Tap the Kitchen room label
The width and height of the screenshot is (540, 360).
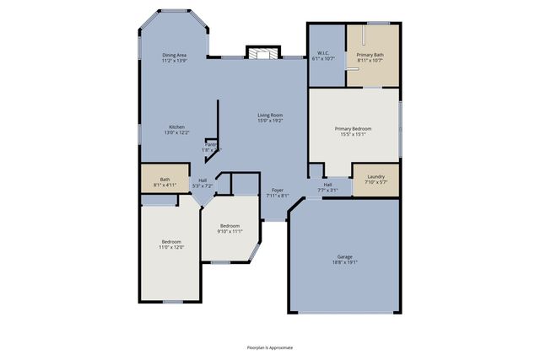click(x=176, y=126)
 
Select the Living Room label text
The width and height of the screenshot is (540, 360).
click(x=270, y=115)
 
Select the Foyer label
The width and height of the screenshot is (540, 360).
click(x=277, y=190)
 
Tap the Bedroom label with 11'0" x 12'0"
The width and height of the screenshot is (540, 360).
click(x=170, y=242)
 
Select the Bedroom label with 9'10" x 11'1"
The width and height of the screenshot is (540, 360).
click(x=230, y=225)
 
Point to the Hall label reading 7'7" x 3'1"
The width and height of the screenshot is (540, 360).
click(x=327, y=184)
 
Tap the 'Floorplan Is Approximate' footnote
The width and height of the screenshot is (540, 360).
click(x=270, y=347)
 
